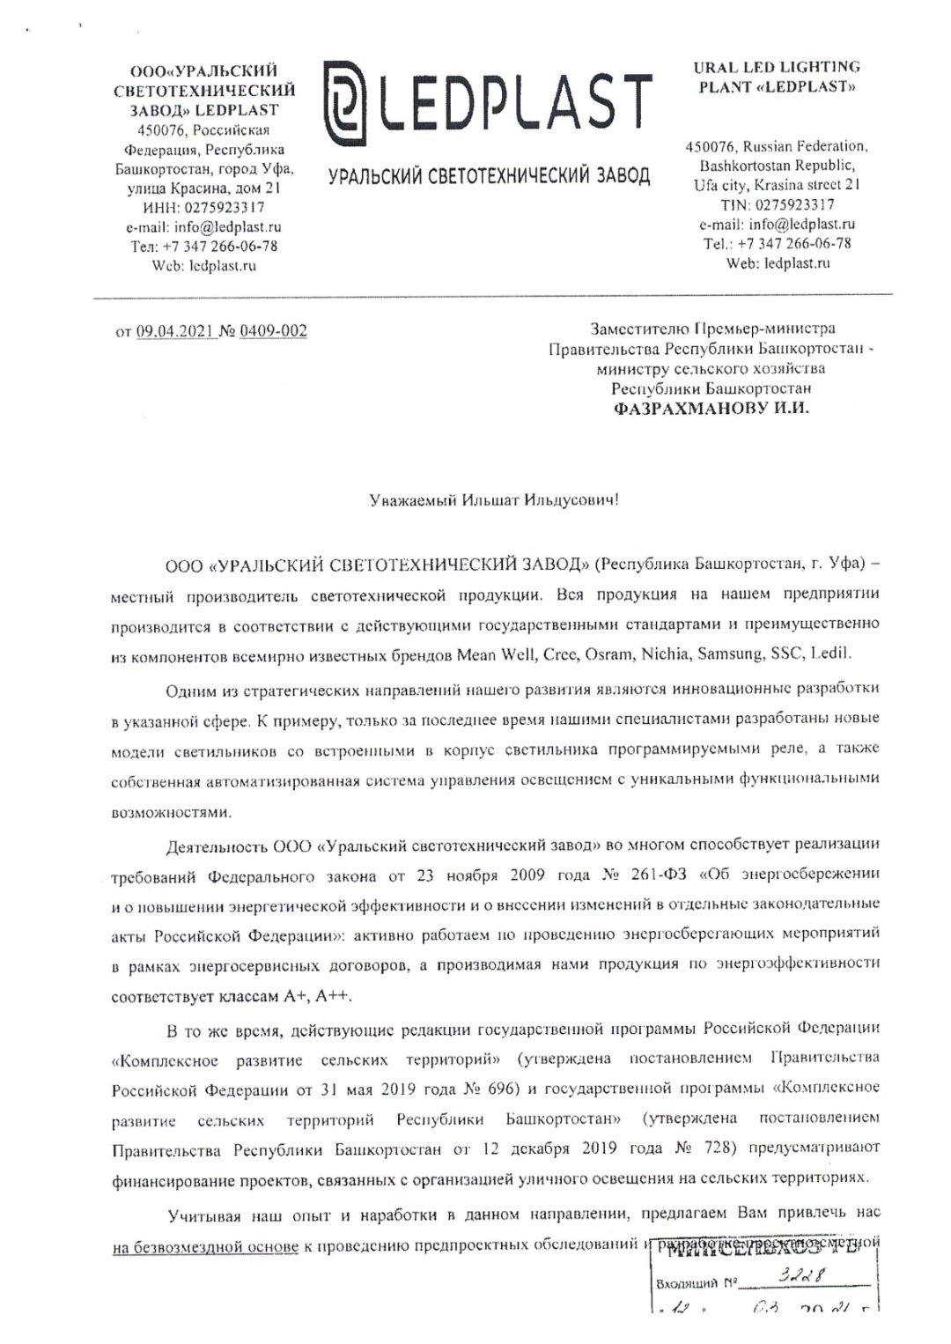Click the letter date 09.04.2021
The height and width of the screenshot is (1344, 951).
pyautogui.click(x=175, y=331)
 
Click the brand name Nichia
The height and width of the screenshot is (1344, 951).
pyautogui.click(x=666, y=654)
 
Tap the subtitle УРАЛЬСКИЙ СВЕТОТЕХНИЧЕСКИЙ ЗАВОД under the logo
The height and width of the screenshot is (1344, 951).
pyautogui.click(x=489, y=175)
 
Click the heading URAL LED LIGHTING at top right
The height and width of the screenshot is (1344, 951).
pyautogui.click(x=777, y=67)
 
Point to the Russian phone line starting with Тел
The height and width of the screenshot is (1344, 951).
pyautogui.click(x=204, y=247)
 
